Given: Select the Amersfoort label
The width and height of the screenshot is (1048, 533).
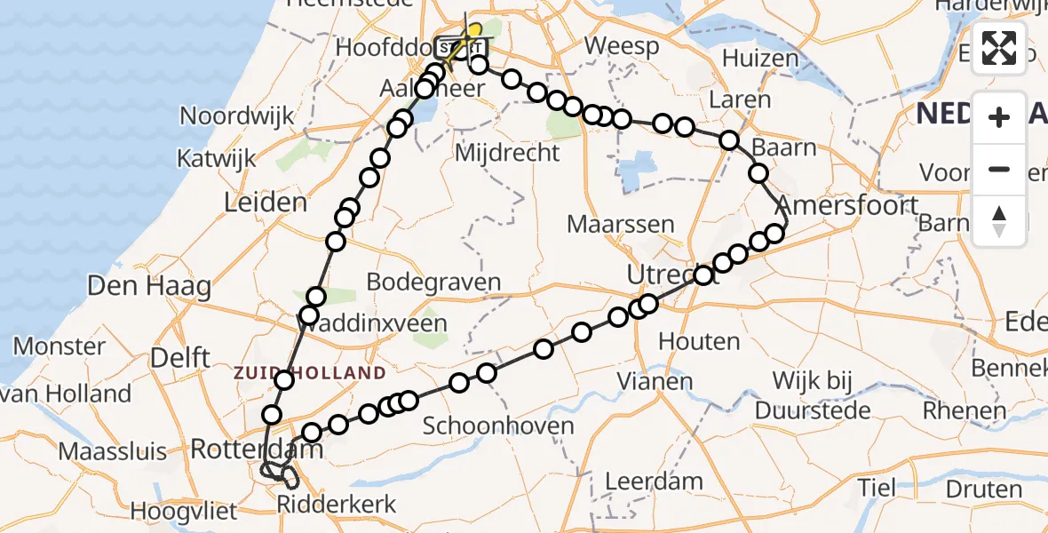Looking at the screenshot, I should pyautogui.click(x=848, y=206).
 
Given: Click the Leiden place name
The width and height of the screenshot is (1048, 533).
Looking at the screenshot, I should pyautogui.click(x=266, y=203).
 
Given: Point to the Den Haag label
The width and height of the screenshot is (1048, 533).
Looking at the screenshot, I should pyautogui.click(x=149, y=287).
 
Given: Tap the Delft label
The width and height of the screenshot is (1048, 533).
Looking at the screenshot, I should pyautogui.click(x=180, y=358).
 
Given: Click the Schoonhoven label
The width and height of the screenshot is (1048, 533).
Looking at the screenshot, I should pyautogui.click(x=498, y=426).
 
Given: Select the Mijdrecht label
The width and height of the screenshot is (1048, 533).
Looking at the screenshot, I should pyautogui.click(x=507, y=153).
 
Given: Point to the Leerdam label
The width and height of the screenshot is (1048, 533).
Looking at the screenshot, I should pyautogui.click(x=654, y=481).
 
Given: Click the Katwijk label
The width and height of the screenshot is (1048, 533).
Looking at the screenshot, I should pyautogui.click(x=217, y=159).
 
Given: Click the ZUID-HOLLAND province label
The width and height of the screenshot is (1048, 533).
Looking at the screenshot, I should pyautogui.click(x=310, y=373).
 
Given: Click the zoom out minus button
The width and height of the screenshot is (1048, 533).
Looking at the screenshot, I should pyautogui.click(x=999, y=169).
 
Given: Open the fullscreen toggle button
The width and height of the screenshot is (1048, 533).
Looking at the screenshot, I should pyautogui.click(x=999, y=48).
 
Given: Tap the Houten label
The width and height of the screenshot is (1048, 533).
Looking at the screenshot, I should pyautogui.click(x=699, y=341).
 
